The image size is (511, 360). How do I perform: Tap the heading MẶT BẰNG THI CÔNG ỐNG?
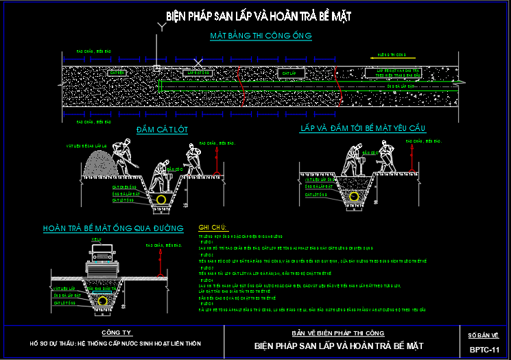(261, 36)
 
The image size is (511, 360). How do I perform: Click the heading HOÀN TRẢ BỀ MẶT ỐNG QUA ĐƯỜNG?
(113, 228)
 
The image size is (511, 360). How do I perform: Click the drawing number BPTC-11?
(484, 350)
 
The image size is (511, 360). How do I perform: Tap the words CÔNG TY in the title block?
(115, 331)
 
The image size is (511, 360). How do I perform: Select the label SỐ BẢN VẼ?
(484, 335)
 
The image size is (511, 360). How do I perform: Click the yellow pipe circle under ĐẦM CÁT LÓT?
(162, 199)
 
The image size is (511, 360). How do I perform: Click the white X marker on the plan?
(198, 64)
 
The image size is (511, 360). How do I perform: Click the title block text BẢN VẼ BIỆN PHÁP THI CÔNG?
(341, 332)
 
